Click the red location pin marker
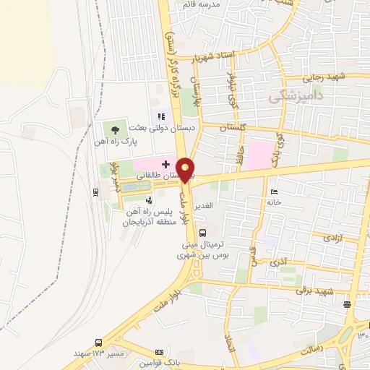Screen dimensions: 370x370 point(186,169)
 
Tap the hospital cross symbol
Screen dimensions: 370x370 point(165,165)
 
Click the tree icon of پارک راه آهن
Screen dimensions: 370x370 point(115,129)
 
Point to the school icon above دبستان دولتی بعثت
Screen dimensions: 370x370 point(161,115)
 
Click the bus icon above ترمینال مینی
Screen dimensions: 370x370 point(202,233)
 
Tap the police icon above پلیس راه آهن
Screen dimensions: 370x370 point(149,200)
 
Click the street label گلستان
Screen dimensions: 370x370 point(225,126)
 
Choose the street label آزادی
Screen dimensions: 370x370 point(332,236)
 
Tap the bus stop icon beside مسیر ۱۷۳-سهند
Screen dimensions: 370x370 point(98,343)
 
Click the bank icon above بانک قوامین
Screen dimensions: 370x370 point(160,351)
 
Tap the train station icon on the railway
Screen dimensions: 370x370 point(96,192)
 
